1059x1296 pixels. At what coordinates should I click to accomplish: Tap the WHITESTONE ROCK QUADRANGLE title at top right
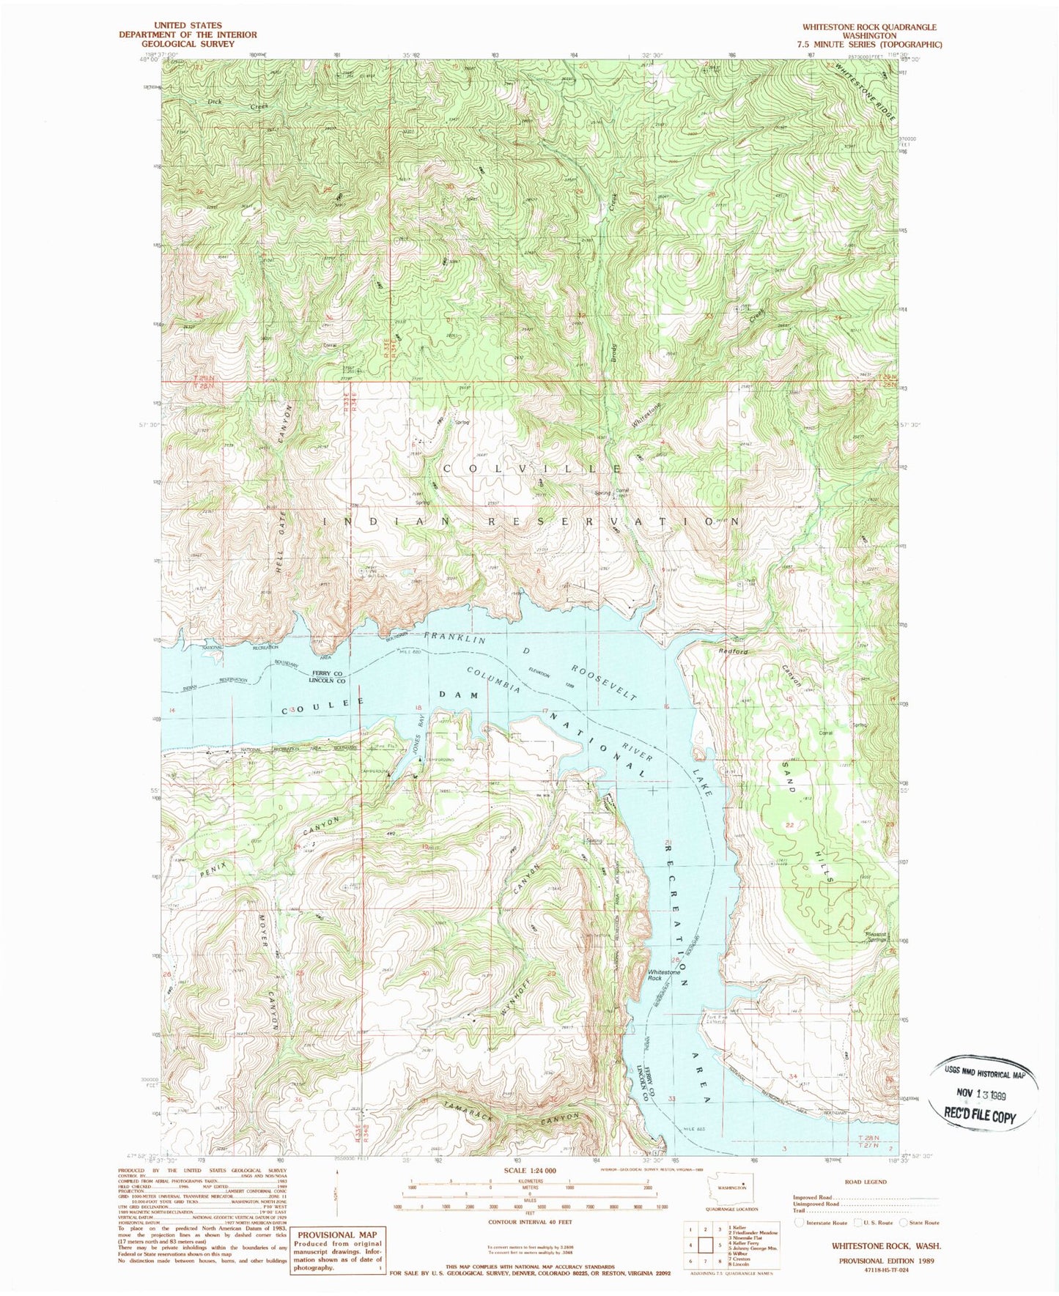(x=869, y=26)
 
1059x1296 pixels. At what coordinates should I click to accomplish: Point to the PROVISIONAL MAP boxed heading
(x=336, y=1234)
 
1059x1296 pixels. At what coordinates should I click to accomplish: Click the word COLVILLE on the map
(x=533, y=467)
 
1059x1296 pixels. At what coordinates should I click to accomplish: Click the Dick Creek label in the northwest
(x=237, y=104)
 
